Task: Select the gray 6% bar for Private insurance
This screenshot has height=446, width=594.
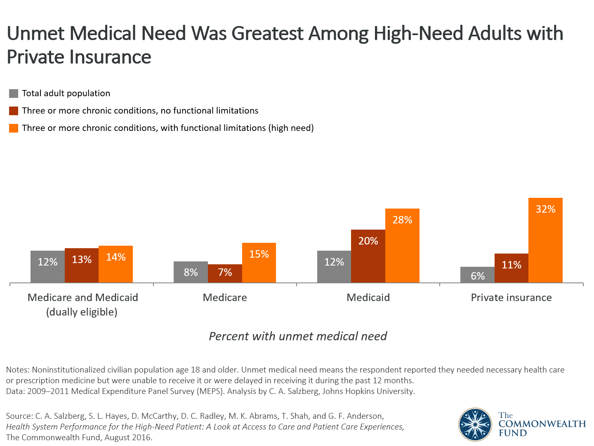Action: pos(477,275)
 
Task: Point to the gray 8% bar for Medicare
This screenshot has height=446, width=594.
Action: pos(191,272)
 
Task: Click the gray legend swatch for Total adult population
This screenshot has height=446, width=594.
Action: pos(14,94)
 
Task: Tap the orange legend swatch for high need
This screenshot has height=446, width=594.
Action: pos(14,128)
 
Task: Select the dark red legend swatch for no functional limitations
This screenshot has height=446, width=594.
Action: pos(14,111)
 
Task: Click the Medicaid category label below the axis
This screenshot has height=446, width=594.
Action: pos(368,298)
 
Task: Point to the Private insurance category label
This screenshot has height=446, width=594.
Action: pos(511,298)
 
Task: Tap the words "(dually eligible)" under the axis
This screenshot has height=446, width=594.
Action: pos(82,312)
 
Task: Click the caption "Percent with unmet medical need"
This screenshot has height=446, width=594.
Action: pos(297,336)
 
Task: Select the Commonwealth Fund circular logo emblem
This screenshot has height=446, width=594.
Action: pos(475,425)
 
